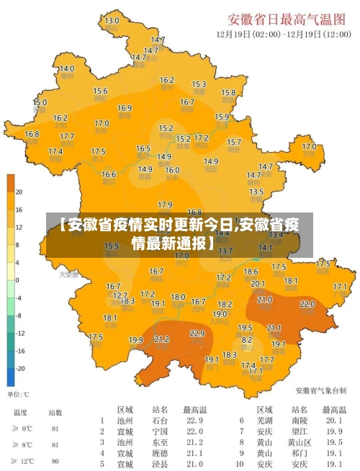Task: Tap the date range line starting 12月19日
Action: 284,33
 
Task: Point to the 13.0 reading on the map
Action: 112,21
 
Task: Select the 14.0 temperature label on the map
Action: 66,68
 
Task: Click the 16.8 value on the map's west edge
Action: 32,134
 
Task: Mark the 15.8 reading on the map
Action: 228,92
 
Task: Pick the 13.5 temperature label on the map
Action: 256,192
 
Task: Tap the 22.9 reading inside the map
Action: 197,333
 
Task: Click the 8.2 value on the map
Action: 246,339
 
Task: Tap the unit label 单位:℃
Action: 19,395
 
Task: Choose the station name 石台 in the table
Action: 160,421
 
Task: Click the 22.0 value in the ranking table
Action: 195,431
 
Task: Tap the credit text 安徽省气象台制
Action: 321,391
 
